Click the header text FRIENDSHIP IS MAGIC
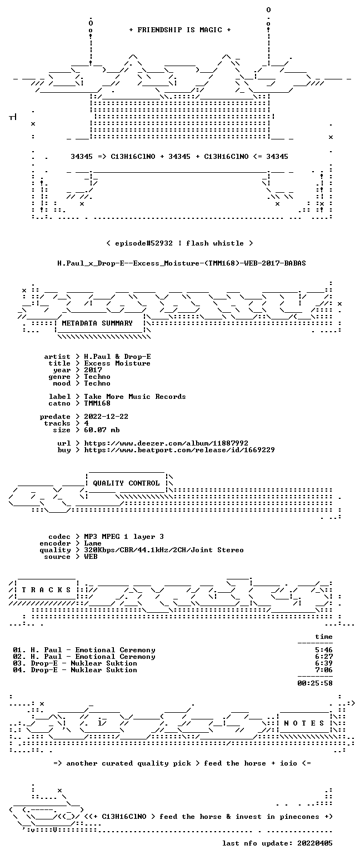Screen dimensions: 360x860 [180, 30]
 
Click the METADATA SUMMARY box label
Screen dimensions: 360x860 [97, 323]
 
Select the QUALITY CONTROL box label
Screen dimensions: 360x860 [126, 483]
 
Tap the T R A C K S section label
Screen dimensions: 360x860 [47, 589]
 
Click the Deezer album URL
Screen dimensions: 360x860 [166, 443]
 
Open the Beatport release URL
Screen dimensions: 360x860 [179, 450]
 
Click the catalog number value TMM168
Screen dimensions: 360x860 [97, 403]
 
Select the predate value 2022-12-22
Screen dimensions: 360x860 [106, 417]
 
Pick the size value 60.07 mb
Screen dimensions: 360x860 [102, 430]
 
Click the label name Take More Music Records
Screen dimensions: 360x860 [134, 397]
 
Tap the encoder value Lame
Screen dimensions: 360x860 [93, 543]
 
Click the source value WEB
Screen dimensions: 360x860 [91, 557]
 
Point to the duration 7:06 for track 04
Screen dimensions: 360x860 [324, 669]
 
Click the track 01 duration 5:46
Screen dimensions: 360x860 [324, 649]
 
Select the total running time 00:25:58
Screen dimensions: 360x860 [315, 683]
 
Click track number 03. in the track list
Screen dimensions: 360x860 [19, 663]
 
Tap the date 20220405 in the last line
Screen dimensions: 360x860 [314, 843]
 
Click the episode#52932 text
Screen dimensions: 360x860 [144, 243]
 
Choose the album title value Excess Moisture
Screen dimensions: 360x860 [117, 363]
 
